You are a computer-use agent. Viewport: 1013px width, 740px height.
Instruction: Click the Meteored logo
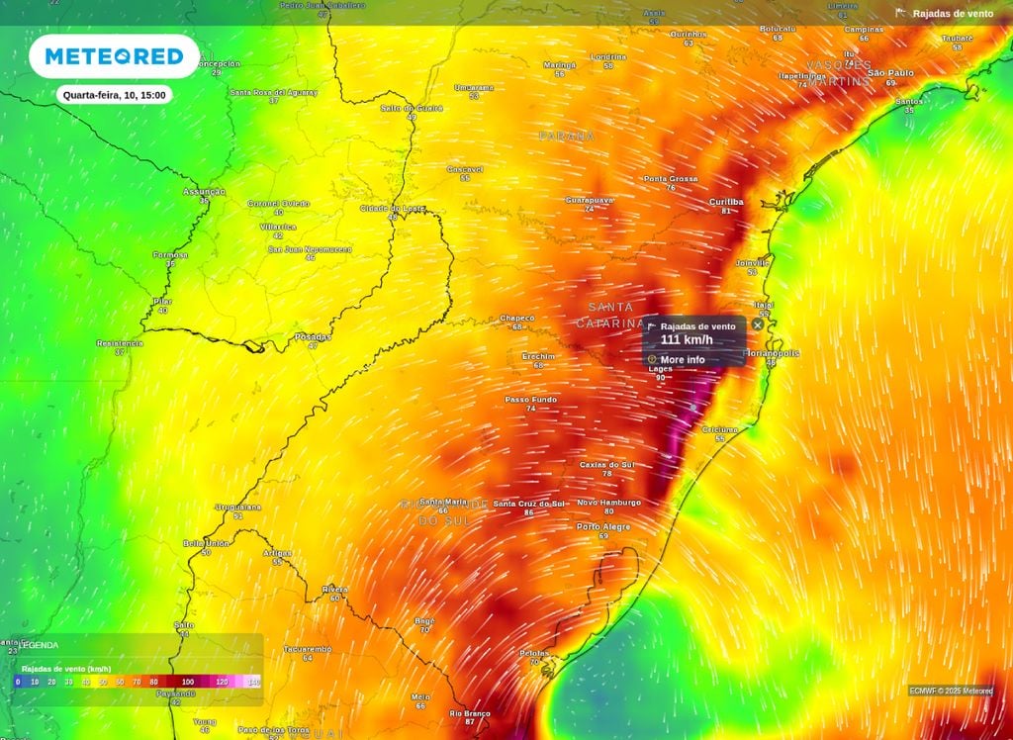pos(114,56)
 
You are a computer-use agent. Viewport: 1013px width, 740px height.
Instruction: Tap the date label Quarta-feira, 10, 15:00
pos(114,95)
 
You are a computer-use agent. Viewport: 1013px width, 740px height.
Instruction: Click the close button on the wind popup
pos(758,324)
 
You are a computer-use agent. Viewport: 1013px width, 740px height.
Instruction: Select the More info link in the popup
pos(683,360)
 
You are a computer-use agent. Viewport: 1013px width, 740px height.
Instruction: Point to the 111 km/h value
pos(687,340)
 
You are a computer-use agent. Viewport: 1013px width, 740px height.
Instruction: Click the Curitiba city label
pos(726,201)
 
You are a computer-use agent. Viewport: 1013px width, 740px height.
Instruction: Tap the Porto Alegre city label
pos(603,526)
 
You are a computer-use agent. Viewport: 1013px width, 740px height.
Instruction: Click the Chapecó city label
pos(516,318)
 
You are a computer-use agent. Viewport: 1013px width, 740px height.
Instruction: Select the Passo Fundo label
pos(531,399)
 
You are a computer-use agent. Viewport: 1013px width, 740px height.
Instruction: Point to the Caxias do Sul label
pos(606,464)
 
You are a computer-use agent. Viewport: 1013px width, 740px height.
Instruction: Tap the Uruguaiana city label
pos(237,507)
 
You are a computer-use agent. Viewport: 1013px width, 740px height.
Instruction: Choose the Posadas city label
pos(313,336)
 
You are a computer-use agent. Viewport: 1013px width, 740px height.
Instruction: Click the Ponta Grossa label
pos(671,179)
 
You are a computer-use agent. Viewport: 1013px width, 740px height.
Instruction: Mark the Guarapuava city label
pos(590,199)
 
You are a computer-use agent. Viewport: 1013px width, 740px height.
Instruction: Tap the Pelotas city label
pos(534,653)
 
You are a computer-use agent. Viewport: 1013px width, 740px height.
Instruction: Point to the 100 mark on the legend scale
pos(188,682)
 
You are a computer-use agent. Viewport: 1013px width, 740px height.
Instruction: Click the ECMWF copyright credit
pos(951,691)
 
